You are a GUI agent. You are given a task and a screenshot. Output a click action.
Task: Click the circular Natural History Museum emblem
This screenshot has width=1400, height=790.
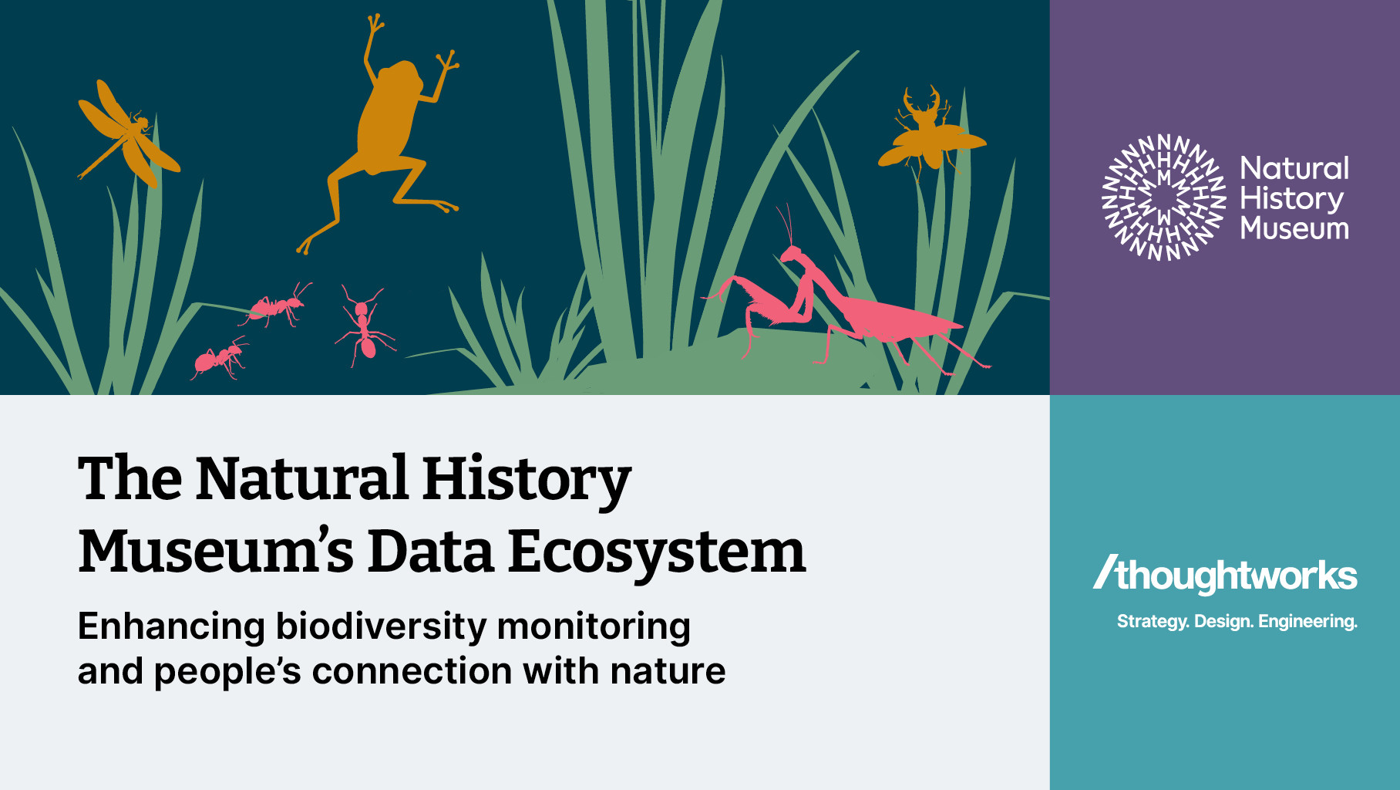click(1163, 197)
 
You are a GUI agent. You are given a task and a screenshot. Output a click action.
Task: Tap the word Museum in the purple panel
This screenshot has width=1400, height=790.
click(1294, 228)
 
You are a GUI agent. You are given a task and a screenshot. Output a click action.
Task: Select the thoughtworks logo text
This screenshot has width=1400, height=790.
click(1226, 575)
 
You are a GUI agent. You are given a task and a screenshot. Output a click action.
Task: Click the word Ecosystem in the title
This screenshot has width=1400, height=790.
click(657, 552)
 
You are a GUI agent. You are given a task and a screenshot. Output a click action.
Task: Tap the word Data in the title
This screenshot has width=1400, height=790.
click(430, 552)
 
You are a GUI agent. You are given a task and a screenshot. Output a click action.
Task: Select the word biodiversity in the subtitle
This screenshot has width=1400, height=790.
click(382, 626)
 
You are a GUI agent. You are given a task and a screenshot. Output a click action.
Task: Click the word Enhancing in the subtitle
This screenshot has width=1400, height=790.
click(171, 626)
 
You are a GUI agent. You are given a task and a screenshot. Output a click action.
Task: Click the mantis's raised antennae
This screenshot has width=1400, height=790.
click(786, 225)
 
